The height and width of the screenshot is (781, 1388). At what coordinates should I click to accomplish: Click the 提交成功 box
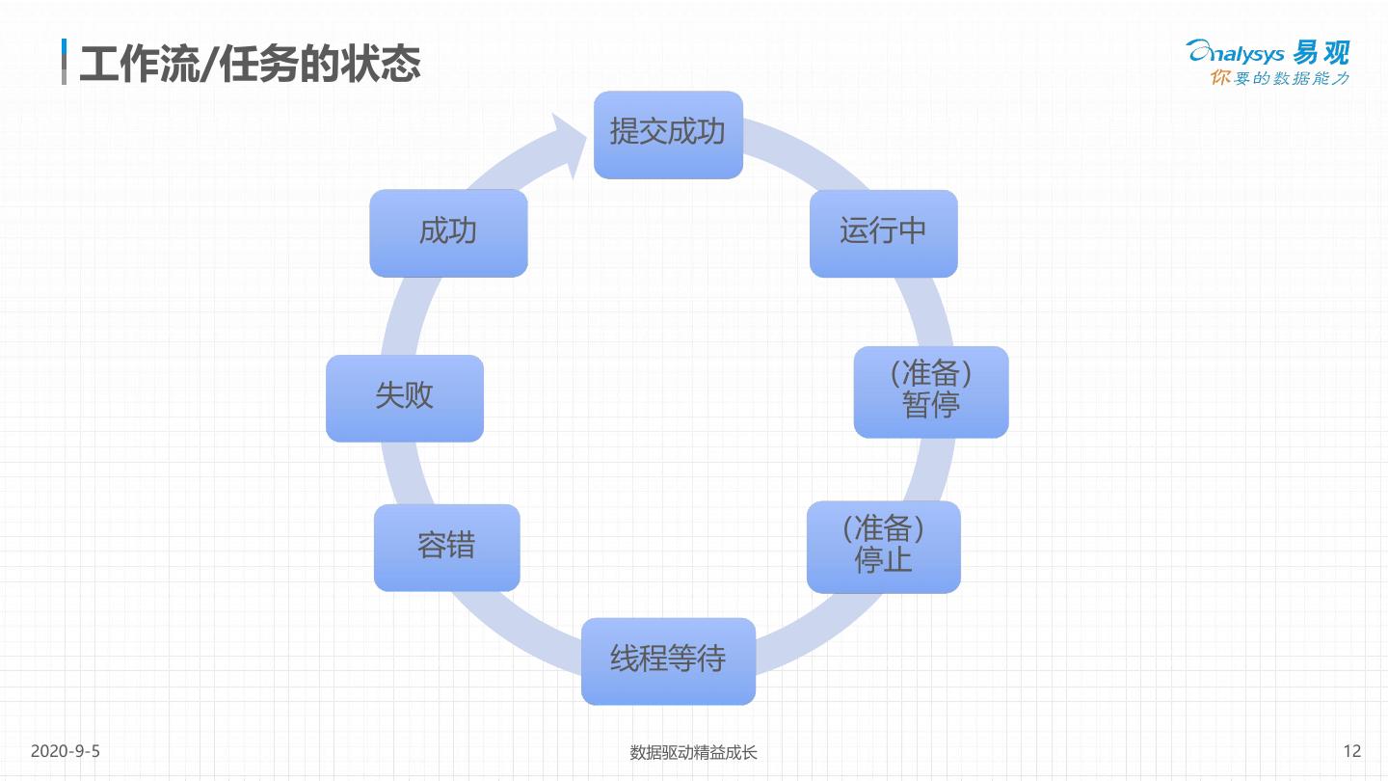click(x=668, y=135)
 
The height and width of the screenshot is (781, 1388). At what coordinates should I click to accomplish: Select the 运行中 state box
click(x=883, y=233)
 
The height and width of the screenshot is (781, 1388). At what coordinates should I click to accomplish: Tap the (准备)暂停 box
click(x=931, y=391)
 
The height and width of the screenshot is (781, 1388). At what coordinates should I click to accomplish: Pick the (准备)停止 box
click(x=883, y=547)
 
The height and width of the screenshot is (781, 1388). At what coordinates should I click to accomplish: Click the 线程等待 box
click(x=668, y=661)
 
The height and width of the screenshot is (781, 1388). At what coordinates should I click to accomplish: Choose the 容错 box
click(x=446, y=548)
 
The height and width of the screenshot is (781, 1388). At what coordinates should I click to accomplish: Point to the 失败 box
click(x=405, y=398)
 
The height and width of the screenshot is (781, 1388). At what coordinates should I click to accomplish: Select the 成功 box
click(x=448, y=233)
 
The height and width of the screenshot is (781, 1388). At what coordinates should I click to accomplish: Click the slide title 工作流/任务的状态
click(x=250, y=64)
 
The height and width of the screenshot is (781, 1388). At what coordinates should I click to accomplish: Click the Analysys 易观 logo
click(x=1268, y=53)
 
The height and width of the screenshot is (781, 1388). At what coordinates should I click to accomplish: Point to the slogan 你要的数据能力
click(x=1279, y=78)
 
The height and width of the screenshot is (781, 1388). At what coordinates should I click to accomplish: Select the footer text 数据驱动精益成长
click(x=694, y=752)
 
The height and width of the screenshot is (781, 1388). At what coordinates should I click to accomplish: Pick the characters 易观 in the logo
click(x=1322, y=52)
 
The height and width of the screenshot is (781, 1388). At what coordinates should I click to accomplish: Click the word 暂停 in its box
click(x=931, y=406)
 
